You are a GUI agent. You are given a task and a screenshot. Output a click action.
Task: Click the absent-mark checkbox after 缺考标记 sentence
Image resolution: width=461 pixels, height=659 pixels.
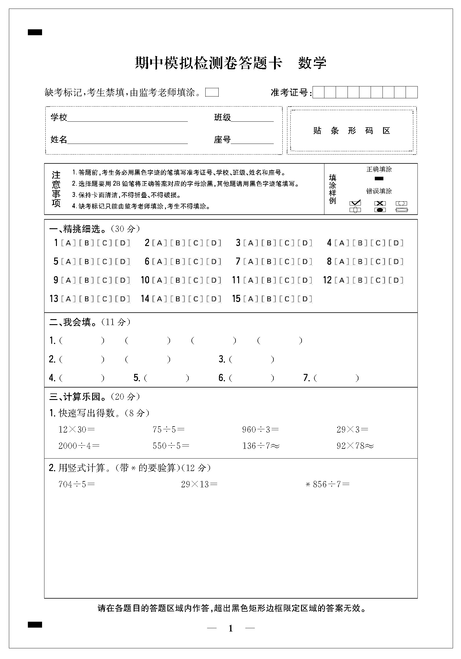tap(212, 92)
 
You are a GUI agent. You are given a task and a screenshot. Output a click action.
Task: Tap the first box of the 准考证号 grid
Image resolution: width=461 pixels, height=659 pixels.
tap(318, 92)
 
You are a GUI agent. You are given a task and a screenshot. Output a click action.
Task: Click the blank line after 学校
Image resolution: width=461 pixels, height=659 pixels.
tap(127, 118)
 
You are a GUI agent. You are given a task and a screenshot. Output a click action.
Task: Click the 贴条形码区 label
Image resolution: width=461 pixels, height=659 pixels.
tap(352, 131)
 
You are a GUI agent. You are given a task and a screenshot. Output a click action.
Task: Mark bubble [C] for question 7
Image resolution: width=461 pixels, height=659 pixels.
tap(287, 262)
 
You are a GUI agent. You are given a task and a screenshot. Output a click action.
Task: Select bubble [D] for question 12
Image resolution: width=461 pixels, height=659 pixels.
tap(396, 280)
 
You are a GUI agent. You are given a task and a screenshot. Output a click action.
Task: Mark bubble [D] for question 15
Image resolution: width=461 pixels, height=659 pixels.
tap(305, 299)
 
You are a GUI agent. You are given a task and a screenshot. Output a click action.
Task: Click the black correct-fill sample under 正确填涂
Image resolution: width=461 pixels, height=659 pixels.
tap(379, 179)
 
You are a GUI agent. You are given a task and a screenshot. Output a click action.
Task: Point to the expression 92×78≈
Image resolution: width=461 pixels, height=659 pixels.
tap(355, 446)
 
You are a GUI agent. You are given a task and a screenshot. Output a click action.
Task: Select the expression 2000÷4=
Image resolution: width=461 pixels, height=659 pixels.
tap(79, 446)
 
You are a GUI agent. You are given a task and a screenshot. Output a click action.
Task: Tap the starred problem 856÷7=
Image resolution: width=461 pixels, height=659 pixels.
tap(327, 484)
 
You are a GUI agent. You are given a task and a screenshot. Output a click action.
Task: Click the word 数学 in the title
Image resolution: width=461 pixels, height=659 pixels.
tap(312, 63)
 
